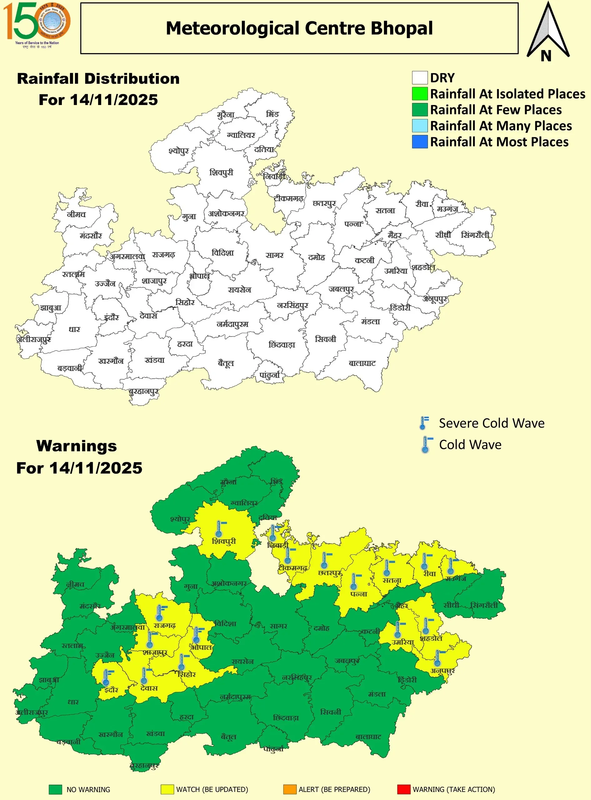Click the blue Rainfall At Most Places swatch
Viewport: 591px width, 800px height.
(420, 142)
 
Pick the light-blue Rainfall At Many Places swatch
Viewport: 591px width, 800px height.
(420, 126)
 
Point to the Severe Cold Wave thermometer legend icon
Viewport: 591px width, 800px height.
(424, 423)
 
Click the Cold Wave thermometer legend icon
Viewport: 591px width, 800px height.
(426, 445)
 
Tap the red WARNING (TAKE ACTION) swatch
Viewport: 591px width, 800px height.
(404, 789)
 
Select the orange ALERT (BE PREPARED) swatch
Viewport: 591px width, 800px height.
(290, 789)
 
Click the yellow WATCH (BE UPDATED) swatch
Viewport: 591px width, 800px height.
(167, 789)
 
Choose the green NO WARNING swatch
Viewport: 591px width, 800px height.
(56, 789)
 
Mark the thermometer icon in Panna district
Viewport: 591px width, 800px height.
(354, 581)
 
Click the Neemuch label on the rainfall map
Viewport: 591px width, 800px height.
(76, 214)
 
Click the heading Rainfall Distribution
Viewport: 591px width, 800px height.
(98, 79)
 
